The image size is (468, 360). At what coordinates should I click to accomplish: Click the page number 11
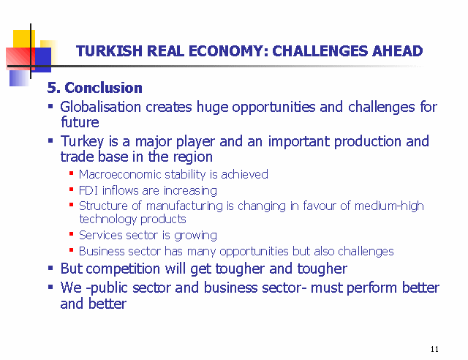pos(434,349)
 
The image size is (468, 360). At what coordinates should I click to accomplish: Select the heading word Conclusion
pos(103,88)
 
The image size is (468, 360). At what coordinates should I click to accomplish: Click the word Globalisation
pos(101,107)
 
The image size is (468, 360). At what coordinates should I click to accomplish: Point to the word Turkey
pos(82,142)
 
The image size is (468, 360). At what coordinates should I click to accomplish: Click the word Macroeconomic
pos(120,174)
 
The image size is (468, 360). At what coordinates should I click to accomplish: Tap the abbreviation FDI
pos(88,190)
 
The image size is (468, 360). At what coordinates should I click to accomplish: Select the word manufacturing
pos(184,206)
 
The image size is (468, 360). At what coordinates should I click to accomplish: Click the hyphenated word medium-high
pos(389,206)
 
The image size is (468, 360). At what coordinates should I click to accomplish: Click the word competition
pos(123,269)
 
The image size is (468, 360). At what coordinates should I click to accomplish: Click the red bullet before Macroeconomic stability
pos(72,173)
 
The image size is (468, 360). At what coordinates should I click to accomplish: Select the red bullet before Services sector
pos(72,234)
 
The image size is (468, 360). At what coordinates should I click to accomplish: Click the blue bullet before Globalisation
pos(50,106)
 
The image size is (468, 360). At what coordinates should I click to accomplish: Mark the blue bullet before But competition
pos(50,268)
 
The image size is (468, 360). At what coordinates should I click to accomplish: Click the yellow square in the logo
pos(24,39)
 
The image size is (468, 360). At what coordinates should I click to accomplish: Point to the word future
pos(80,122)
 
